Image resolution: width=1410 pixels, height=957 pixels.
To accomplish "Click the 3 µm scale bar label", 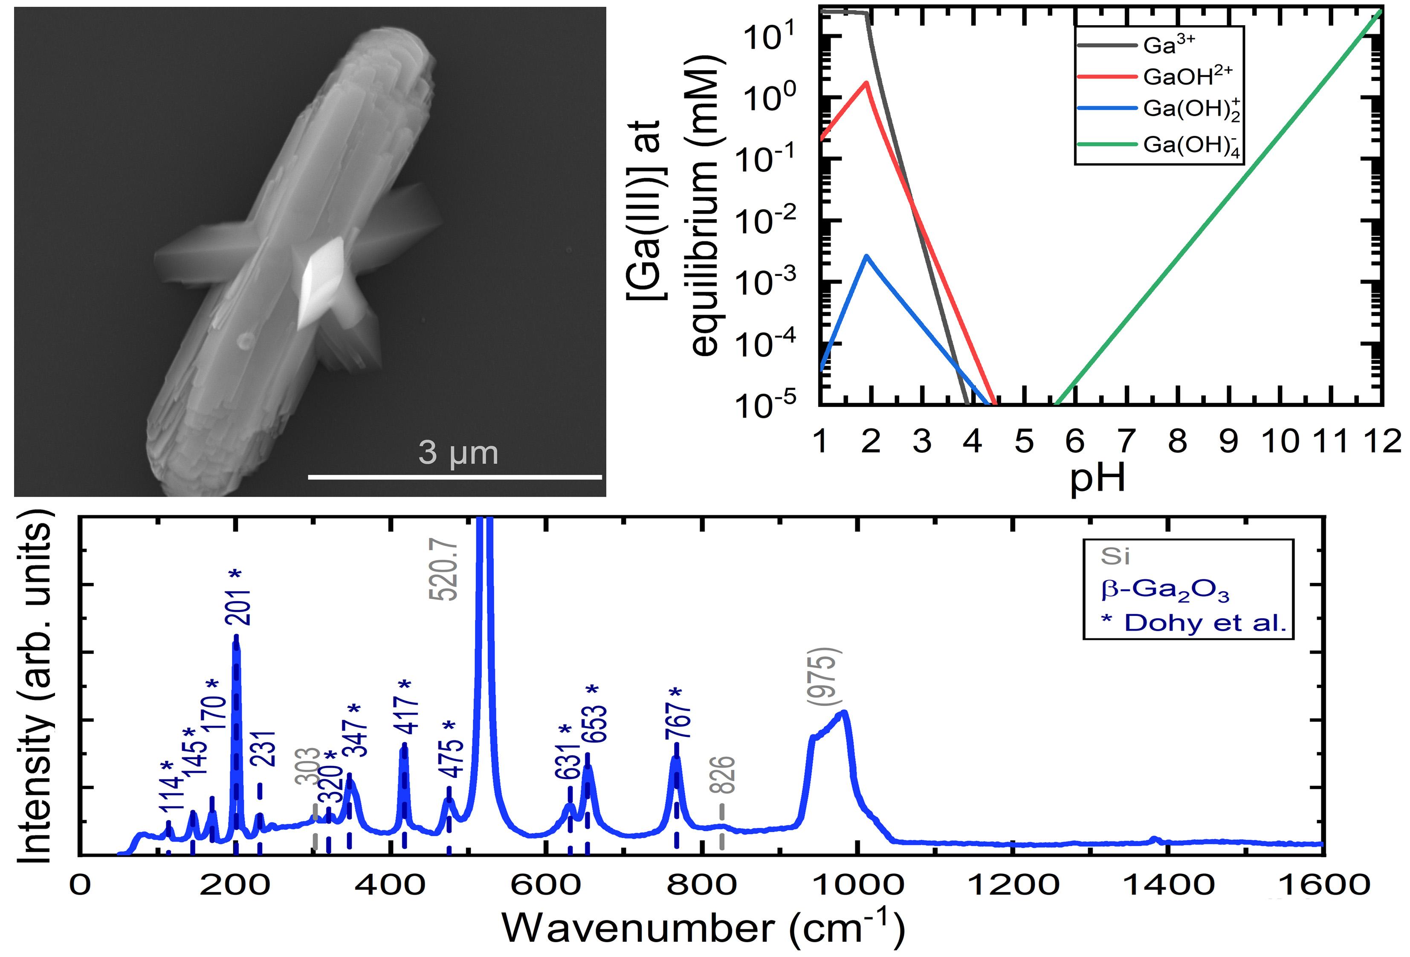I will [x=458, y=453].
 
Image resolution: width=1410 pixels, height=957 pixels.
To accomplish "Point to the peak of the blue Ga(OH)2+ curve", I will [x=867, y=256].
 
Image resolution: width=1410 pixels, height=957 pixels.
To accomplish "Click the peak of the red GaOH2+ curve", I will [x=867, y=83].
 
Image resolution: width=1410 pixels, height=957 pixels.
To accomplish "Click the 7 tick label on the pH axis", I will [x=1126, y=441].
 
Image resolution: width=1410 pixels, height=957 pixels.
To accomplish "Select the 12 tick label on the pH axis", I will [x=1383, y=441].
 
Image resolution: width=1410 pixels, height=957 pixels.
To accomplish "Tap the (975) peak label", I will [x=826, y=677].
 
